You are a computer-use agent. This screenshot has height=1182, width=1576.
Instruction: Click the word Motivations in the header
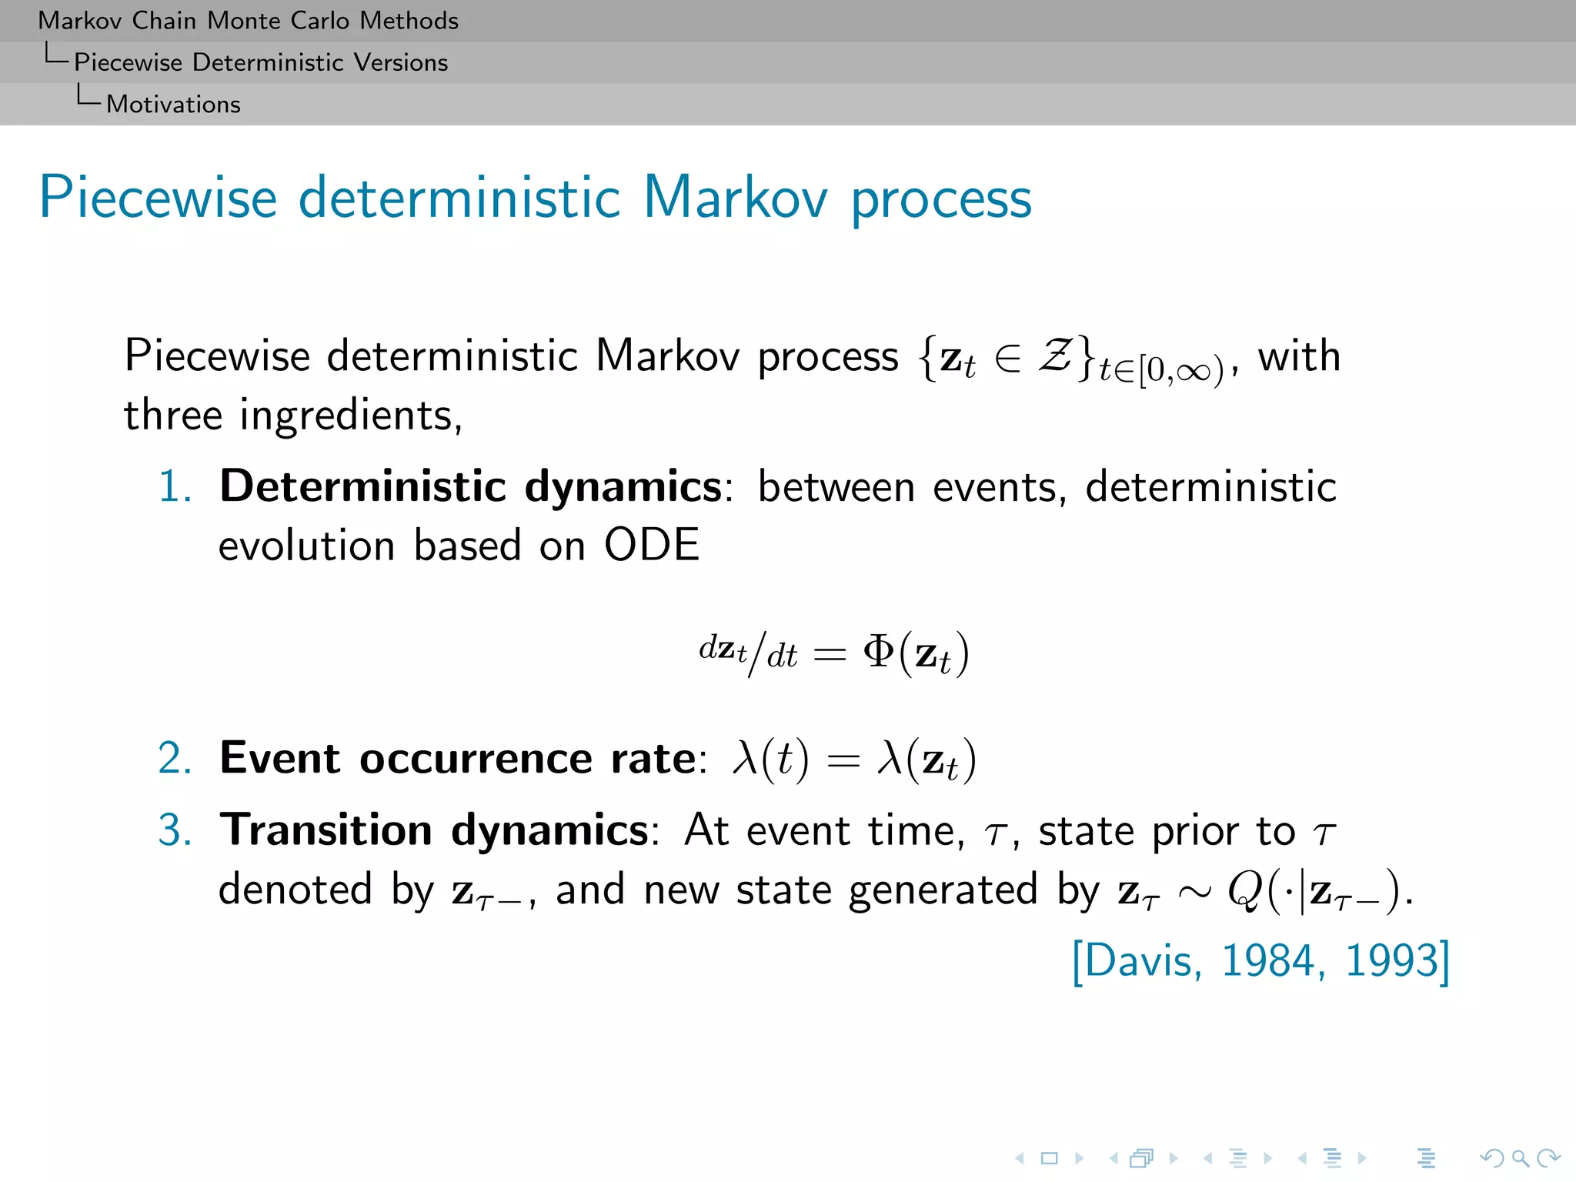coord(173,104)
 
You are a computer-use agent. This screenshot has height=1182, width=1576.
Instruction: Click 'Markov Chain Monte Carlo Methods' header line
coord(248,21)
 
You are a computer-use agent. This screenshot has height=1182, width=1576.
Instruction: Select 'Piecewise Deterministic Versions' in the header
coord(261,62)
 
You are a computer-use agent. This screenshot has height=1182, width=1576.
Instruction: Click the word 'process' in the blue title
coord(940,199)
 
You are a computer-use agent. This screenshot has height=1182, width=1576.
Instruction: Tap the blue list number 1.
coord(174,487)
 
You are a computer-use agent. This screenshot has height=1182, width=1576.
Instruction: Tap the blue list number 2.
coord(174,759)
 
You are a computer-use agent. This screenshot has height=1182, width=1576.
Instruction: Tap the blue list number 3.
coord(174,830)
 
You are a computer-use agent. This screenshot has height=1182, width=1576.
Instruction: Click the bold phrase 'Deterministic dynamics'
coord(470,487)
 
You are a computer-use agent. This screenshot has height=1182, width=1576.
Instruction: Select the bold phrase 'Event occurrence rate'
coord(458,759)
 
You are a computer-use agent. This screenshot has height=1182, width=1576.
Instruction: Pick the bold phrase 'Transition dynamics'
coord(434,830)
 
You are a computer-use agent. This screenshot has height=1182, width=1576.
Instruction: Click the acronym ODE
coord(652,546)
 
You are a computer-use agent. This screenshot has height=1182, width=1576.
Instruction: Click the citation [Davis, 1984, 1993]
coord(1260,961)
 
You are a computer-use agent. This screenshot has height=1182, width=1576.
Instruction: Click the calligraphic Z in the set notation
coord(1055,356)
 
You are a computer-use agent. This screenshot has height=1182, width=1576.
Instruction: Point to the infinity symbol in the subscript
coord(1194,372)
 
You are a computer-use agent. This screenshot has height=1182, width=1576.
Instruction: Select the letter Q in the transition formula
coord(1244,890)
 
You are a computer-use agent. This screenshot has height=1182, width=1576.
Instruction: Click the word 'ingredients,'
coord(351,416)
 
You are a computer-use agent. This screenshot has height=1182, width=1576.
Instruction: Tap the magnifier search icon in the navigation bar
coord(1520,1158)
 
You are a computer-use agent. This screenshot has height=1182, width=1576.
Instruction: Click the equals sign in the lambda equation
coord(843,761)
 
